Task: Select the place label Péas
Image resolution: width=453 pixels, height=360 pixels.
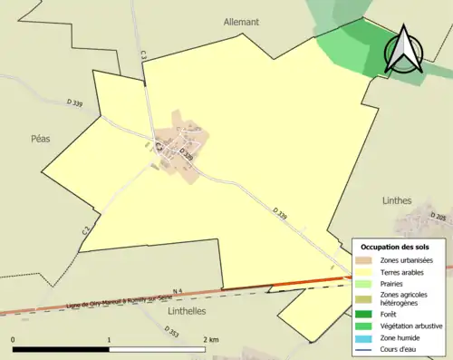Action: point(41,139)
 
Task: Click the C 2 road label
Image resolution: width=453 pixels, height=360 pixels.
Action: point(87,231)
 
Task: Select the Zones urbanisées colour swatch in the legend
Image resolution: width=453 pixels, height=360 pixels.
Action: point(363,261)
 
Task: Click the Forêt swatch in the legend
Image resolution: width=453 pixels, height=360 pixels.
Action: point(363,315)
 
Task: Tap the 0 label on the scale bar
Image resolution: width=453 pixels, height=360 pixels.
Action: point(13,340)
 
